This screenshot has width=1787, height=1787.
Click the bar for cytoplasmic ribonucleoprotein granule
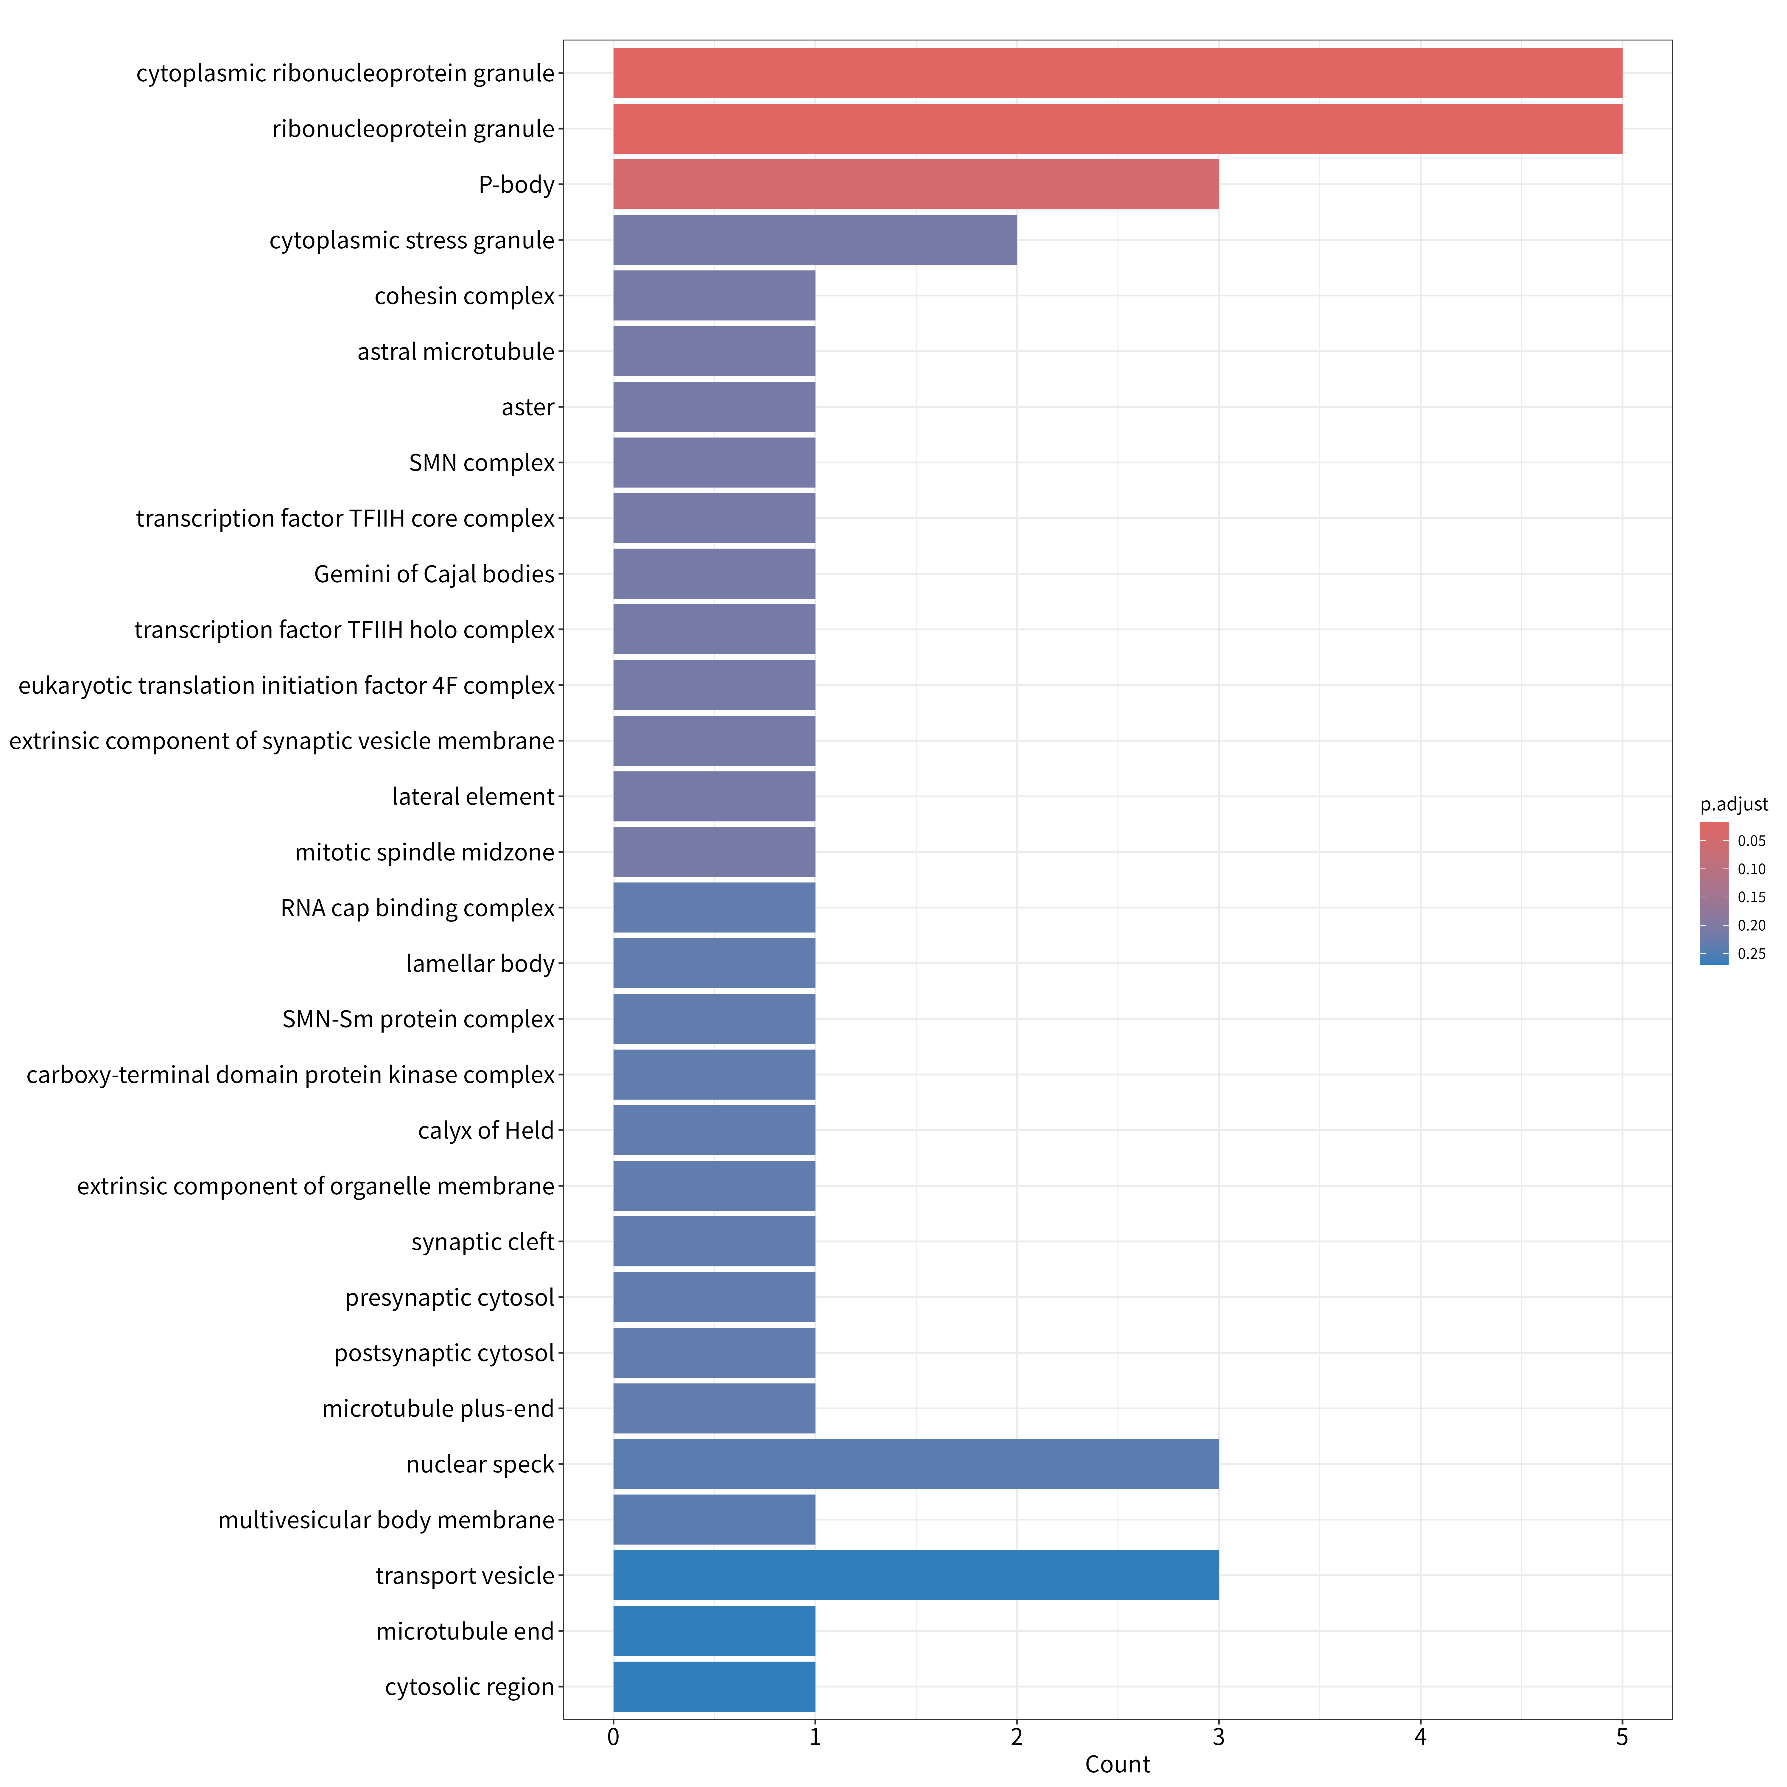[1117, 73]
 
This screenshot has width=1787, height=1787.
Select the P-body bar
[916, 184]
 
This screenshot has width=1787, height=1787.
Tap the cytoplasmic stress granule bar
[815, 239]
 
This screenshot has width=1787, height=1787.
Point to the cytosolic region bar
[714, 1686]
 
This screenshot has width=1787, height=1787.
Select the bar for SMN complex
[714, 463]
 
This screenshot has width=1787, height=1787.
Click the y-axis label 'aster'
[528, 407]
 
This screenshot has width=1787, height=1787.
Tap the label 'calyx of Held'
[485, 1130]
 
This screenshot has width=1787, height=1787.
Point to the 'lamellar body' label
[480, 964]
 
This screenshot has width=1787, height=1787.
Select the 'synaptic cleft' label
[483, 1241]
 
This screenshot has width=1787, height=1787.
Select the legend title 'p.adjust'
[1733, 805]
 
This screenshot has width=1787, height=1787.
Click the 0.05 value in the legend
[1751, 841]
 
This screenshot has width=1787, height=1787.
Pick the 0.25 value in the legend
[1751, 954]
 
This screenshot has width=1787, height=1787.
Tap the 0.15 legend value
[1751, 897]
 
